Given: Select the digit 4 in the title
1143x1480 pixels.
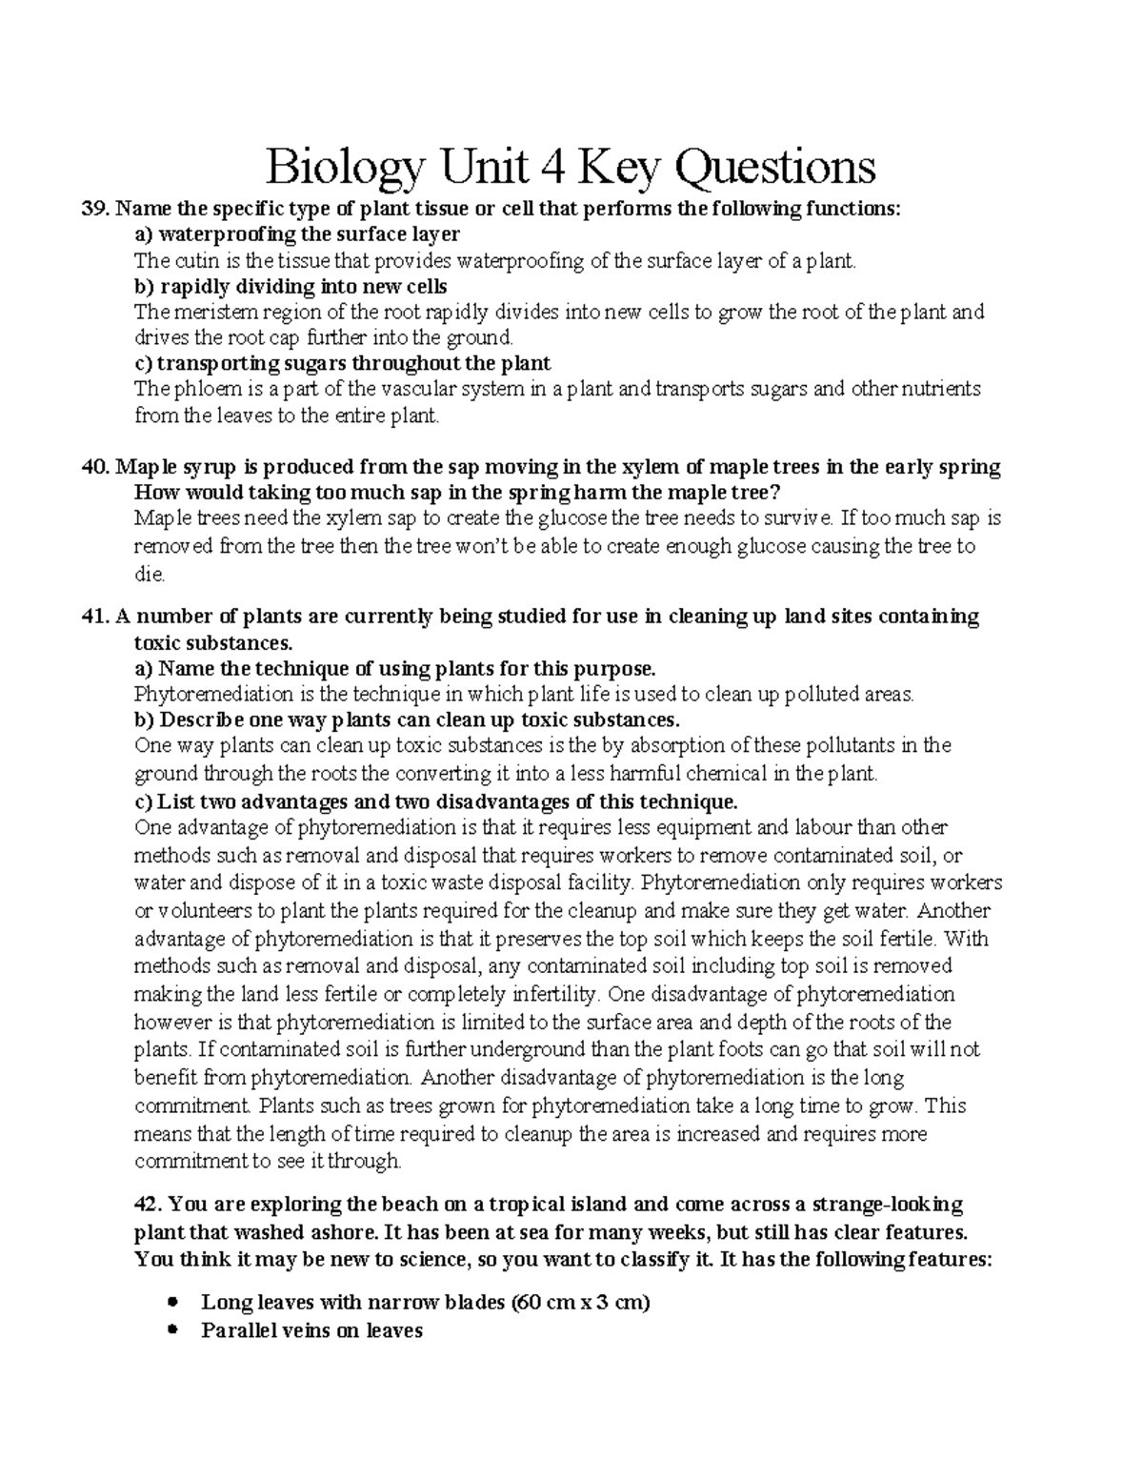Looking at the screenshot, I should (x=549, y=168).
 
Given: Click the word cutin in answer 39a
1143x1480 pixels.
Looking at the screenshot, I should (x=187, y=261).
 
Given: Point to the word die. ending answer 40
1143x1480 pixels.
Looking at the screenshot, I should (x=150, y=575).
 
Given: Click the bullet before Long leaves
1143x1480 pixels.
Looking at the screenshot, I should (x=172, y=1302).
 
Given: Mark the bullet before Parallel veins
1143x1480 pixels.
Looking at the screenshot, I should (x=172, y=1330).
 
